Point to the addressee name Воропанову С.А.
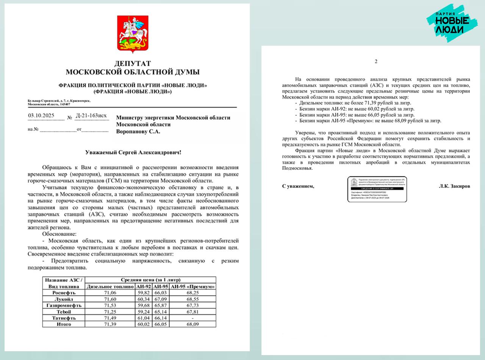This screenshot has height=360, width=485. (138, 131)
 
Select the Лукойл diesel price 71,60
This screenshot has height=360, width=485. (110, 299)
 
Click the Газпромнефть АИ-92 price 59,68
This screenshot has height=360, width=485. (143, 305)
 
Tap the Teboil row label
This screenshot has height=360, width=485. (64, 311)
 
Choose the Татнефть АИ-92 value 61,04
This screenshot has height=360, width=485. (143, 318)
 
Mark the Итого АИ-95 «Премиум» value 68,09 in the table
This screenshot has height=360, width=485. (193, 324)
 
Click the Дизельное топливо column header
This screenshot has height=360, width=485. (110, 286)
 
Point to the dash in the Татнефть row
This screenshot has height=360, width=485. (193, 318)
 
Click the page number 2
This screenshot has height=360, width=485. (376, 62)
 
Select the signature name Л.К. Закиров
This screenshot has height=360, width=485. (454, 187)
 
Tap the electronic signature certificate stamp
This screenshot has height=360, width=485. (377, 189)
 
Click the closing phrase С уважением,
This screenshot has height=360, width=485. (298, 187)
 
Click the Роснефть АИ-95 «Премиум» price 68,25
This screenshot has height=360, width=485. (193, 293)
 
